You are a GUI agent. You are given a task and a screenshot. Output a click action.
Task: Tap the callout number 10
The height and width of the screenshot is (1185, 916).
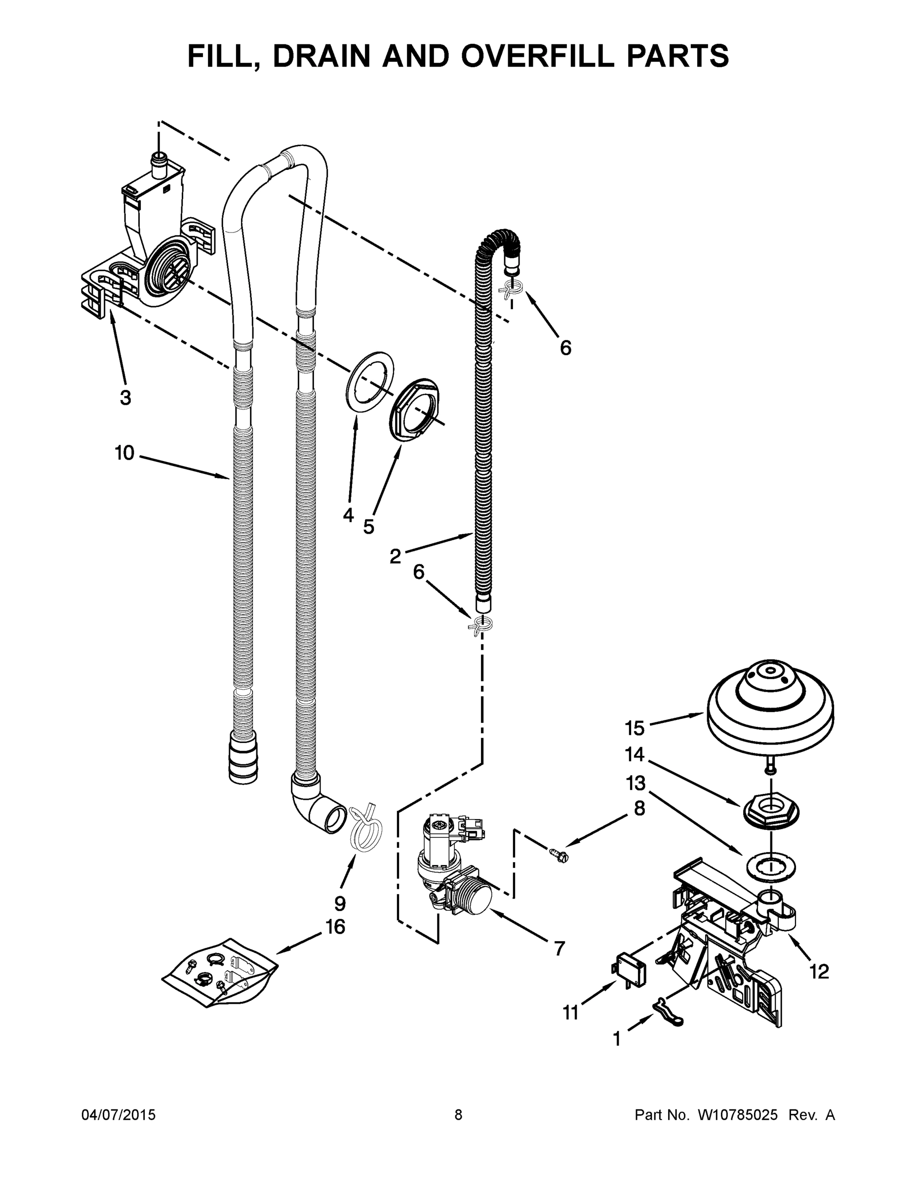[124, 452]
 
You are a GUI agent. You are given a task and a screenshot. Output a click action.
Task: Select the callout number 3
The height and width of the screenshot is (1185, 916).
[125, 397]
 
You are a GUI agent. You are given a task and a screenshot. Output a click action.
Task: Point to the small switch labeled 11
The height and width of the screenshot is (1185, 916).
[629, 969]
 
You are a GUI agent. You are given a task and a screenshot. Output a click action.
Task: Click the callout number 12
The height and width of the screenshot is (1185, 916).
[819, 971]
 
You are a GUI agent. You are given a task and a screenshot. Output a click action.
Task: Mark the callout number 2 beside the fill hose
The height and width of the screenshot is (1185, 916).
[396, 555]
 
